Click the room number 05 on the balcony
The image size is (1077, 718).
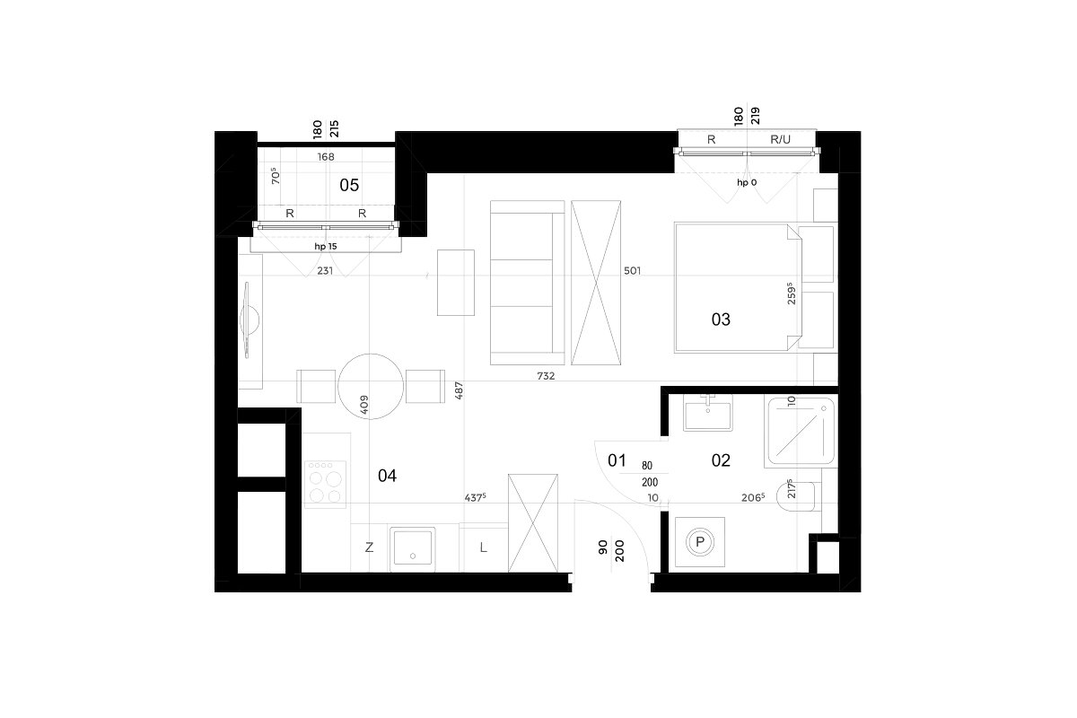[349, 185]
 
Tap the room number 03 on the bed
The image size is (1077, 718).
[721, 320]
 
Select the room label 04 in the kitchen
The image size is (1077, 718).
[387, 476]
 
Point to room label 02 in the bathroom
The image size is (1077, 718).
[721, 460]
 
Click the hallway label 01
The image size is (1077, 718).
[617, 460]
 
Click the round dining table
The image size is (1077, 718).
[370, 386]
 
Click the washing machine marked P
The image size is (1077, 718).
[699, 542]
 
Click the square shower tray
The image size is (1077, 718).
[801, 432]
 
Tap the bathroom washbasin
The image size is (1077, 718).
[708, 413]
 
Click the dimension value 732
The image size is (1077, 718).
[546, 376]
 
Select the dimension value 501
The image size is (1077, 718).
[632, 271]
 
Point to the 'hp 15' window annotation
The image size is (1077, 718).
[326, 246]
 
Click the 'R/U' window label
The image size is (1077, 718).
[780, 139]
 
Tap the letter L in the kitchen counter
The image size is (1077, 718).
[483, 547]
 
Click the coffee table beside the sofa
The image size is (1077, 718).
[456, 283]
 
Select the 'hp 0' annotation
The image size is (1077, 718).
[747, 182]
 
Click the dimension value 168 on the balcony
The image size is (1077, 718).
[326, 157]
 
